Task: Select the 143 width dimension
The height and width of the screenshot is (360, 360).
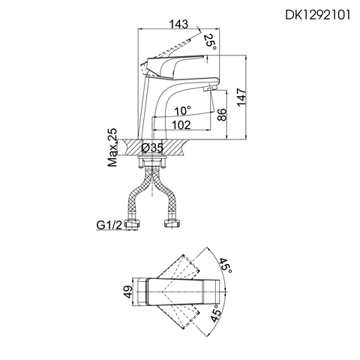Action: pos(178,25)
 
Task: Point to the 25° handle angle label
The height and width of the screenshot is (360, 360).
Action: pos(212,41)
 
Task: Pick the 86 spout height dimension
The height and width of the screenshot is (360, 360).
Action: pos(221,116)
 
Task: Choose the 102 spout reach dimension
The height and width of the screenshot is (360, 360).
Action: pos(180,125)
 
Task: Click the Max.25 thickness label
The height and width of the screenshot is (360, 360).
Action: pos(112,147)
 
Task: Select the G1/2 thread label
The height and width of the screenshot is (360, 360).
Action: pos(109,224)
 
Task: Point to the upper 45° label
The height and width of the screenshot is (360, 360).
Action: pos(225,265)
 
